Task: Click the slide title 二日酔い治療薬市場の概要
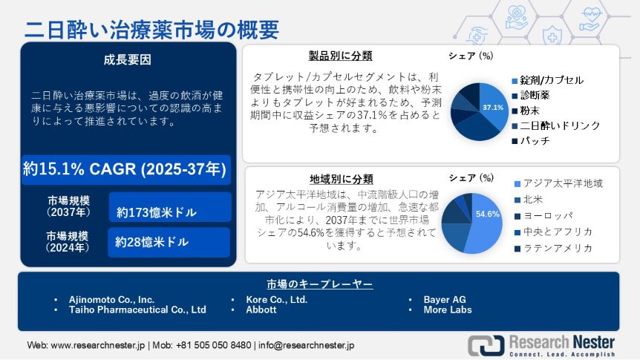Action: pyautogui.click(x=151, y=30)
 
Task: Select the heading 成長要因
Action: pyautogui.click(x=128, y=59)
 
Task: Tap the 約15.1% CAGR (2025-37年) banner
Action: pyautogui.click(x=125, y=169)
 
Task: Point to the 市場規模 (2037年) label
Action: pyautogui.click(x=68, y=206)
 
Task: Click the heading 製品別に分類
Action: pyautogui.click(x=340, y=56)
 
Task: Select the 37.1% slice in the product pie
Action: pyautogui.click(x=493, y=106)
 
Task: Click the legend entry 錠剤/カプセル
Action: pyautogui.click(x=547, y=80)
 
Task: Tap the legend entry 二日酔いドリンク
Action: pyautogui.click(x=556, y=125)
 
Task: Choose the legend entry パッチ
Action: pyautogui.click(x=531, y=141)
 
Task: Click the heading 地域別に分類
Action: pyautogui.click(x=342, y=179)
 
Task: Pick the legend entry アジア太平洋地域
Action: pyautogui.click(x=559, y=183)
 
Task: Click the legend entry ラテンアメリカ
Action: pyautogui.click(x=553, y=248)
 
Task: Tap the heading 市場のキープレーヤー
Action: pyautogui.click(x=319, y=284)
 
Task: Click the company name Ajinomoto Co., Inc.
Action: pyautogui.click(x=111, y=300)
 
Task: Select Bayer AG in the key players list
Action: pyautogui.click(x=445, y=300)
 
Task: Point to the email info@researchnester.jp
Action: pyautogui.click(x=306, y=345)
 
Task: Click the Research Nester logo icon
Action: pyautogui.click(x=486, y=345)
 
